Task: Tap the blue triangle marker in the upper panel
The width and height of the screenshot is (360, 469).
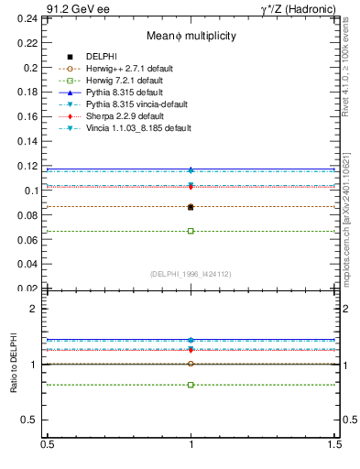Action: [x=191, y=169]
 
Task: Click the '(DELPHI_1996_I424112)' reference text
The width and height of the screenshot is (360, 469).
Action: [x=191, y=274]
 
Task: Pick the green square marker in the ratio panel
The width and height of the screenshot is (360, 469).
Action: [x=191, y=385]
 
